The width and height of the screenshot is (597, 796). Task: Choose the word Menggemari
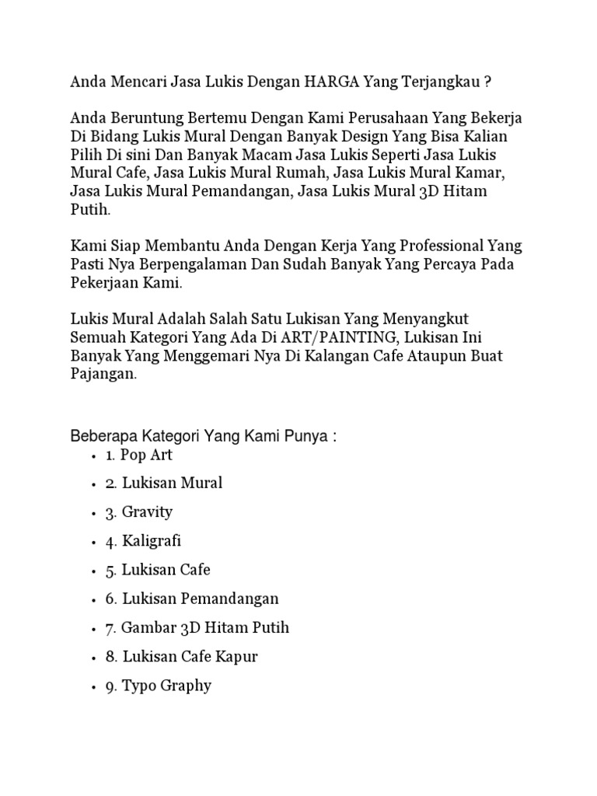204,357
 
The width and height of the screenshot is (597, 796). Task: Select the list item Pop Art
147,455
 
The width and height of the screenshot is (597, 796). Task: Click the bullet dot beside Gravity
93,513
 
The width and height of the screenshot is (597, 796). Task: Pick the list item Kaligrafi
151,541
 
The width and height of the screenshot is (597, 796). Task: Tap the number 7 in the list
110,627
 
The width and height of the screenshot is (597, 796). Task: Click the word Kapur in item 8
236,656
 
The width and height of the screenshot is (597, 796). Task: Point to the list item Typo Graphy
166,686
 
